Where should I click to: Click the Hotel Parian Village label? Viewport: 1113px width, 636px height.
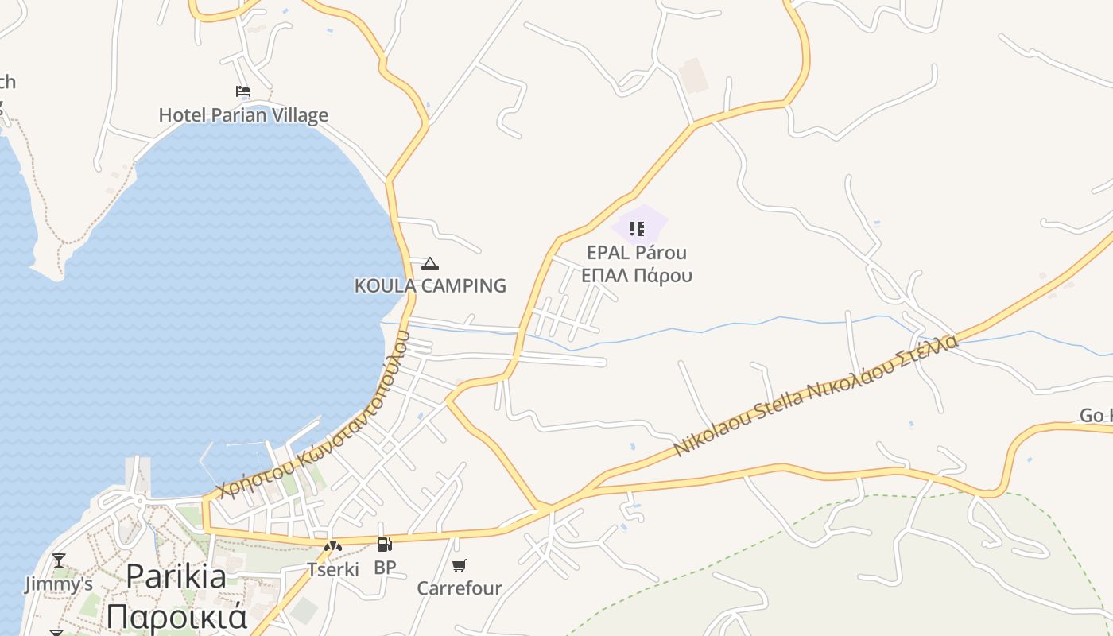pyautogui.click(x=243, y=115)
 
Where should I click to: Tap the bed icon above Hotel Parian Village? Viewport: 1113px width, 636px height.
pyautogui.click(x=243, y=92)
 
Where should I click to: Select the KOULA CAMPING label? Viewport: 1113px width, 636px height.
pyautogui.click(x=430, y=285)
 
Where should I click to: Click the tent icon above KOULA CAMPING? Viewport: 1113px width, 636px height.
pyautogui.click(x=430, y=263)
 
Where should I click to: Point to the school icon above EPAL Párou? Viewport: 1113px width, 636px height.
pyautogui.click(x=637, y=229)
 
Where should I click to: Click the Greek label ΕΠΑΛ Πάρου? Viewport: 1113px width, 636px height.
pyautogui.click(x=637, y=276)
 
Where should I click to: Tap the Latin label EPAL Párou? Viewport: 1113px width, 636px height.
pyautogui.click(x=637, y=253)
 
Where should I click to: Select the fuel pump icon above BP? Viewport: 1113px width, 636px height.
pyautogui.click(x=385, y=545)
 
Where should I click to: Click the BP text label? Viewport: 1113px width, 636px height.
pyautogui.click(x=385, y=568)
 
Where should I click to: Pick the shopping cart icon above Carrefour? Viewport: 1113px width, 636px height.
pyautogui.click(x=460, y=565)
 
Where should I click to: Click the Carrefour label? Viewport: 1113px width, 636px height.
pyautogui.click(x=460, y=588)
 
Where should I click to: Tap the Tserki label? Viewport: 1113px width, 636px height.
pyautogui.click(x=333, y=569)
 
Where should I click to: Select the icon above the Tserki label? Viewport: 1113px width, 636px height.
pyautogui.click(x=333, y=546)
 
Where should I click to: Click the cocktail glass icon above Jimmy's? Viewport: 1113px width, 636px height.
pyautogui.click(x=59, y=560)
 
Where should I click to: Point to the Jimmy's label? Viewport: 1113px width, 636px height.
pyautogui.click(x=59, y=584)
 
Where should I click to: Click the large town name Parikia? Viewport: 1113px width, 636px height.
pyautogui.click(x=176, y=576)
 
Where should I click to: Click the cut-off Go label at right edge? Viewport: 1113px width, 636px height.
pyautogui.click(x=1096, y=416)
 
